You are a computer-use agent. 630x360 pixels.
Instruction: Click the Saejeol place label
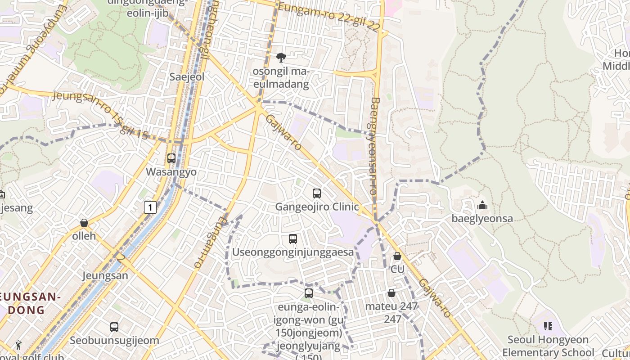pyautogui.click(x=187, y=77)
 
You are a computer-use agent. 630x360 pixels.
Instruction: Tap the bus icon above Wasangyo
pyautogui.click(x=171, y=158)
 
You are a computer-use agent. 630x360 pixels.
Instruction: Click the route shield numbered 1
pyautogui.click(x=150, y=207)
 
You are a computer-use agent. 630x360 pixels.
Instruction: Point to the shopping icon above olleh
pyautogui.click(x=84, y=223)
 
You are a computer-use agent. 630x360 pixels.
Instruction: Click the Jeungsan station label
pyautogui.click(x=105, y=275)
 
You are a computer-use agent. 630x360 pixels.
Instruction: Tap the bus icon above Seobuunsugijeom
pyautogui.click(x=114, y=327)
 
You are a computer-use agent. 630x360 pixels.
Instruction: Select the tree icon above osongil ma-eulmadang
pyautogui.click(x=281, y=58)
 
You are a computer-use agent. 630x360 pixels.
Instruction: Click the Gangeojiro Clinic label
pyautogui.click(x=317, y=207)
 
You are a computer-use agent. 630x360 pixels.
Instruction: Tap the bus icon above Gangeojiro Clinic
pyautogui.click(x=317, y=193)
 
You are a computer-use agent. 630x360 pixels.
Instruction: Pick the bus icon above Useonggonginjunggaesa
pyautogui.click(x=293, y=239)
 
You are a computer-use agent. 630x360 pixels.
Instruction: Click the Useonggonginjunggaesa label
pyautogui.click(x=293, y=252)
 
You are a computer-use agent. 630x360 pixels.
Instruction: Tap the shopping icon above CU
pyautogui.click(x=397, y=256)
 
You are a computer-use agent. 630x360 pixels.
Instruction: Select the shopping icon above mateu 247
pyautogui.click(x=391, y=293)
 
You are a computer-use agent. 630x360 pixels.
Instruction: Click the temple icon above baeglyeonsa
pyautogui.click(x=482, y=206)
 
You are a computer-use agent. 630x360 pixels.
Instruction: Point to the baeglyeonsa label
pyautogui.click(x=482, y=219)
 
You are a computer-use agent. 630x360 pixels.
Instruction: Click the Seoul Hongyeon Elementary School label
pyautogui.click(x=548, y=346)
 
